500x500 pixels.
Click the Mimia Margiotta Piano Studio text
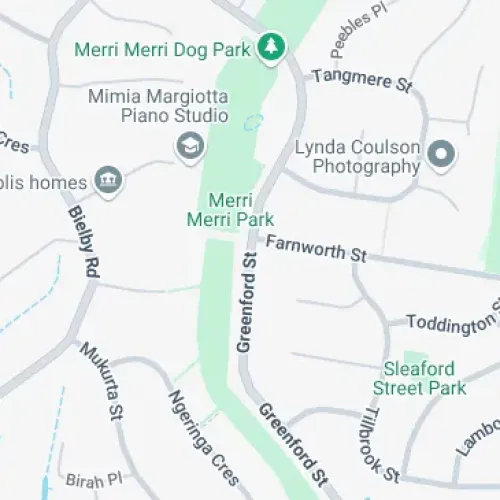pos(158,106)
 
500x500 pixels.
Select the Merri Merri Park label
pos(230,208)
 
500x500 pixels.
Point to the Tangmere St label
pos(361,79)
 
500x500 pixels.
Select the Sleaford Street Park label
pos(419,377)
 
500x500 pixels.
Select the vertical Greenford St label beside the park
pos(246,300)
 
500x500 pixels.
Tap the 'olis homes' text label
pos(44,182)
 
